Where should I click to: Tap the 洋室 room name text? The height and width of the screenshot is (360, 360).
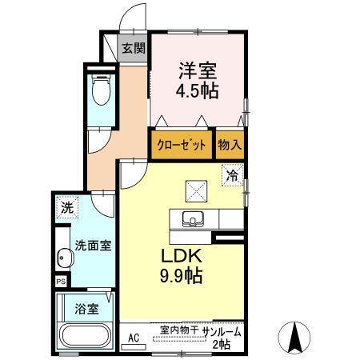coord(197,69)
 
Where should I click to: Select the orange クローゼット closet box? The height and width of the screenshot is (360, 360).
coord(181,145)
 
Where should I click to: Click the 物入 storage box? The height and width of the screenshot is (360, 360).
coord(230,145)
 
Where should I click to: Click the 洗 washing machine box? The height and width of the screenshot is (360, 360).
coord(67,206)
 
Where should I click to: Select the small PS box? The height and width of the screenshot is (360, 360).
coord(61,282)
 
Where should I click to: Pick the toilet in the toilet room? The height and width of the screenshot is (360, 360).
coord(101,90)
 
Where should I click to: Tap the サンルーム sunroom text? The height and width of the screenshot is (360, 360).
coord(222,330)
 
